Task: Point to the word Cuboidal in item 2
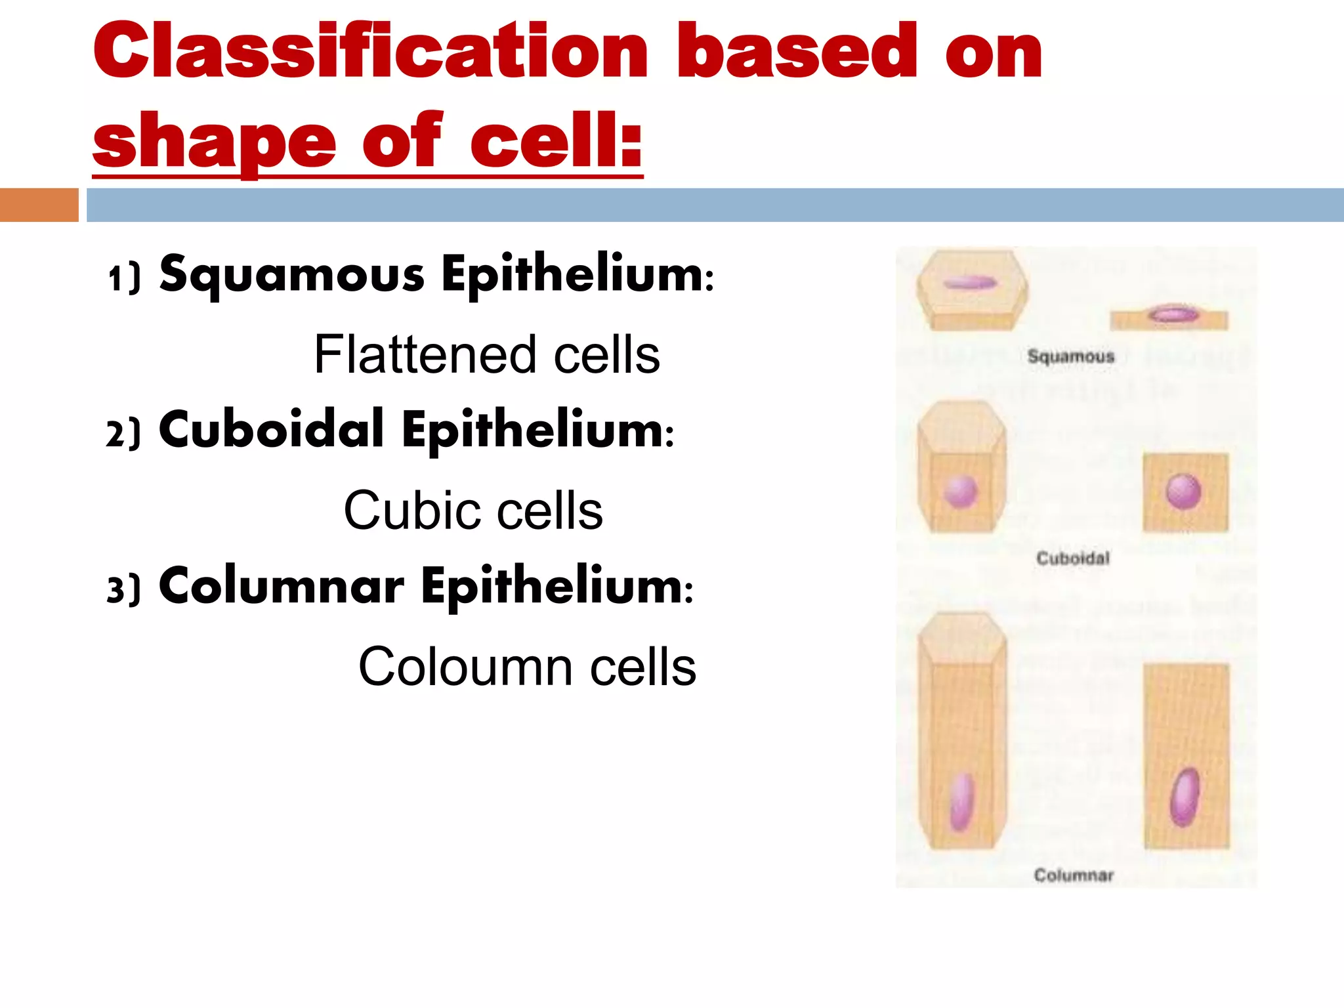[x=271, y=430]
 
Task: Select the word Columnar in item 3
[x=282, y=585]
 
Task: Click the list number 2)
[x=123, y=434]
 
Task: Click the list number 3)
[x=123, y=590]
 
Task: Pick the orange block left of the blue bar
[x=39, y=205]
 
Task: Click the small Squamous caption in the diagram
[x=1071, y=356]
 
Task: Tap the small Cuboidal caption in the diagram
[x=1073, y=558]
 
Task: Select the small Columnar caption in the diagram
[x=1074, y=875]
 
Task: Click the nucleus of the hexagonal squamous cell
[x=970, y=283]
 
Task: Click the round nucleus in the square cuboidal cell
[x=1184, y=492]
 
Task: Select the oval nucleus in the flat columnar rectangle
[x=1185, y=797]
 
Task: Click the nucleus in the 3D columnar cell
[x=961, y=801]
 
